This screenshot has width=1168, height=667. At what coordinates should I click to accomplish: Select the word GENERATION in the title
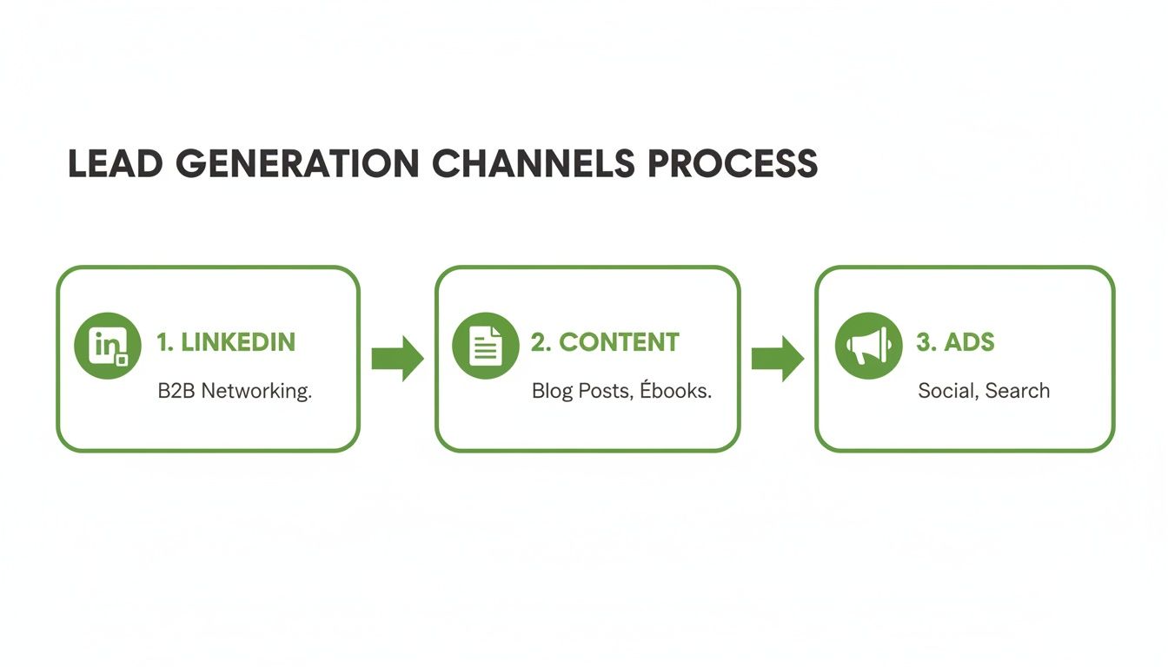[297, 164]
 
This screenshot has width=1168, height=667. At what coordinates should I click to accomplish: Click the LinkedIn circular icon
[108, 346]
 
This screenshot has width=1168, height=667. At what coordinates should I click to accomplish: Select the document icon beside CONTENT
[486, 346]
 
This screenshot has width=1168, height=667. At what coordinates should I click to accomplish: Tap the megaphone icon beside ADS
[868, 346]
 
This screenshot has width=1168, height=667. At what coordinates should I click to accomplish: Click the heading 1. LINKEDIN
[226, 342]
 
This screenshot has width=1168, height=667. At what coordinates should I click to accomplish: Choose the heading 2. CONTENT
[605, 342]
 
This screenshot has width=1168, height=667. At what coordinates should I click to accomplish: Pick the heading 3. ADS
[955, 342]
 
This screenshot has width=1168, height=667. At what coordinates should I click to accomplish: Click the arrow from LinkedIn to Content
[397, 358]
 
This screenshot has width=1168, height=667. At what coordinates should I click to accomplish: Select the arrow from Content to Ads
[777, 358]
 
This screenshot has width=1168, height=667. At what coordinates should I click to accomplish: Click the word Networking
[256, 392]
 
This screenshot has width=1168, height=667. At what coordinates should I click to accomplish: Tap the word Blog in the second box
[552, 392]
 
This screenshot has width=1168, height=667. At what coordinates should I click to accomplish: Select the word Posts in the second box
[606, 391]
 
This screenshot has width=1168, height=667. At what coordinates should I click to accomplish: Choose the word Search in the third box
[1019, 391]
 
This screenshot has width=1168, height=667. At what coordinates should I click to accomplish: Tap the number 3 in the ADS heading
[924, 342]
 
